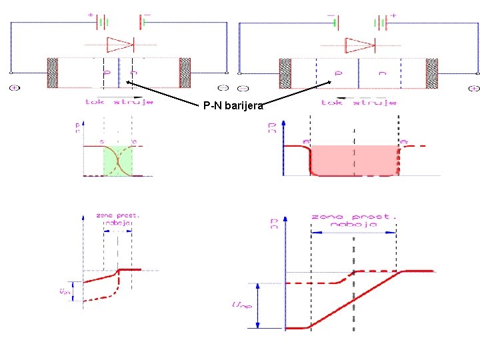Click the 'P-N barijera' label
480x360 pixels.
pyautogui.click(x=234, y=105)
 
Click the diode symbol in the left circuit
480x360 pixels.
pyautogui.click(x=121, y=45)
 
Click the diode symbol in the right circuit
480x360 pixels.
pyautogui.click(x=359, y=45)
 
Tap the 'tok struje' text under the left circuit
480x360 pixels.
pyautogui.click(x=119, y=102)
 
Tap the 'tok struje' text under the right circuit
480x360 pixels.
pyautogui.click(x=358, y=102)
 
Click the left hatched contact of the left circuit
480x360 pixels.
pyautogui.click(x=53, y=73)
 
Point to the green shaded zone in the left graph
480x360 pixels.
pyautogui.click(x=117, y=161)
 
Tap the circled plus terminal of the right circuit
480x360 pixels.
pyautogui.click(x=474, y=87)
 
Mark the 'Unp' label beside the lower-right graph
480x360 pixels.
pyautogui.click(x=241, y=305)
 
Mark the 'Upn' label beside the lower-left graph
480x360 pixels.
pyautogui.click(x=64, y=291)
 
